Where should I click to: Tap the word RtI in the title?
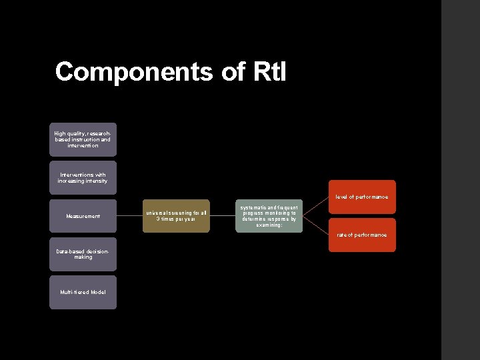(x=269, y=71)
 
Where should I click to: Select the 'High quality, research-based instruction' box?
(x=83, y=139)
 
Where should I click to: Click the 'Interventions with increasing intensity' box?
(x=83, y=178)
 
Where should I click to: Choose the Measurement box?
(x=83, y=216)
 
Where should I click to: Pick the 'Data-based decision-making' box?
(x=83, y=254)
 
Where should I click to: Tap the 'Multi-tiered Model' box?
(x=83, y=292)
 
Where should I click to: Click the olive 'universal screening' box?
(x=176, y=216)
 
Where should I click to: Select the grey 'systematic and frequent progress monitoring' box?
(x=269, y=216)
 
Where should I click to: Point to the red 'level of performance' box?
(x=362, y=197)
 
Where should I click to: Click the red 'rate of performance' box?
(x=362, y=235)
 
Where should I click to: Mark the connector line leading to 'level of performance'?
(x=316, y=207)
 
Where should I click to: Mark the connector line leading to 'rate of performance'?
(x=316, y=225)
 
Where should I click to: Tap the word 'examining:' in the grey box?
(x=269, y=225)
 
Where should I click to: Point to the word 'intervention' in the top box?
(x=83, y=145)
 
